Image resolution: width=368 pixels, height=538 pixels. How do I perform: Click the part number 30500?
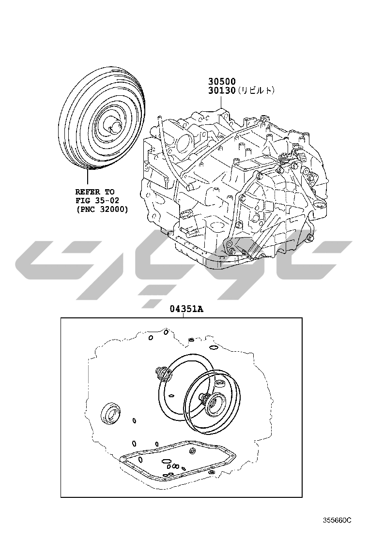[x=222, y=81]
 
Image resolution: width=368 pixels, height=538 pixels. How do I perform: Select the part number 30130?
[x=222, y=90]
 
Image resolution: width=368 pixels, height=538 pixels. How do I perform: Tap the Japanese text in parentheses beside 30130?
[x=256, y=90]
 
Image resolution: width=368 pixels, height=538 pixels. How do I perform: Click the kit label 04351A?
[x=186, y=309]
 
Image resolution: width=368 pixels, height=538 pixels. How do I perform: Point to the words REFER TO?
[x=95, y=192]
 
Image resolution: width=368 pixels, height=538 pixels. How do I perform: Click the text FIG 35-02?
[x=97, y=200]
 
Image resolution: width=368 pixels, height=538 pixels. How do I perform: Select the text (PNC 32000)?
[x=102, y=209]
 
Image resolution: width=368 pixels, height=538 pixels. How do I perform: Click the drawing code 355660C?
[x=337, y=520]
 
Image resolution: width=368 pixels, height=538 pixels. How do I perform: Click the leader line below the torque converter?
[x=88, y=178]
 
